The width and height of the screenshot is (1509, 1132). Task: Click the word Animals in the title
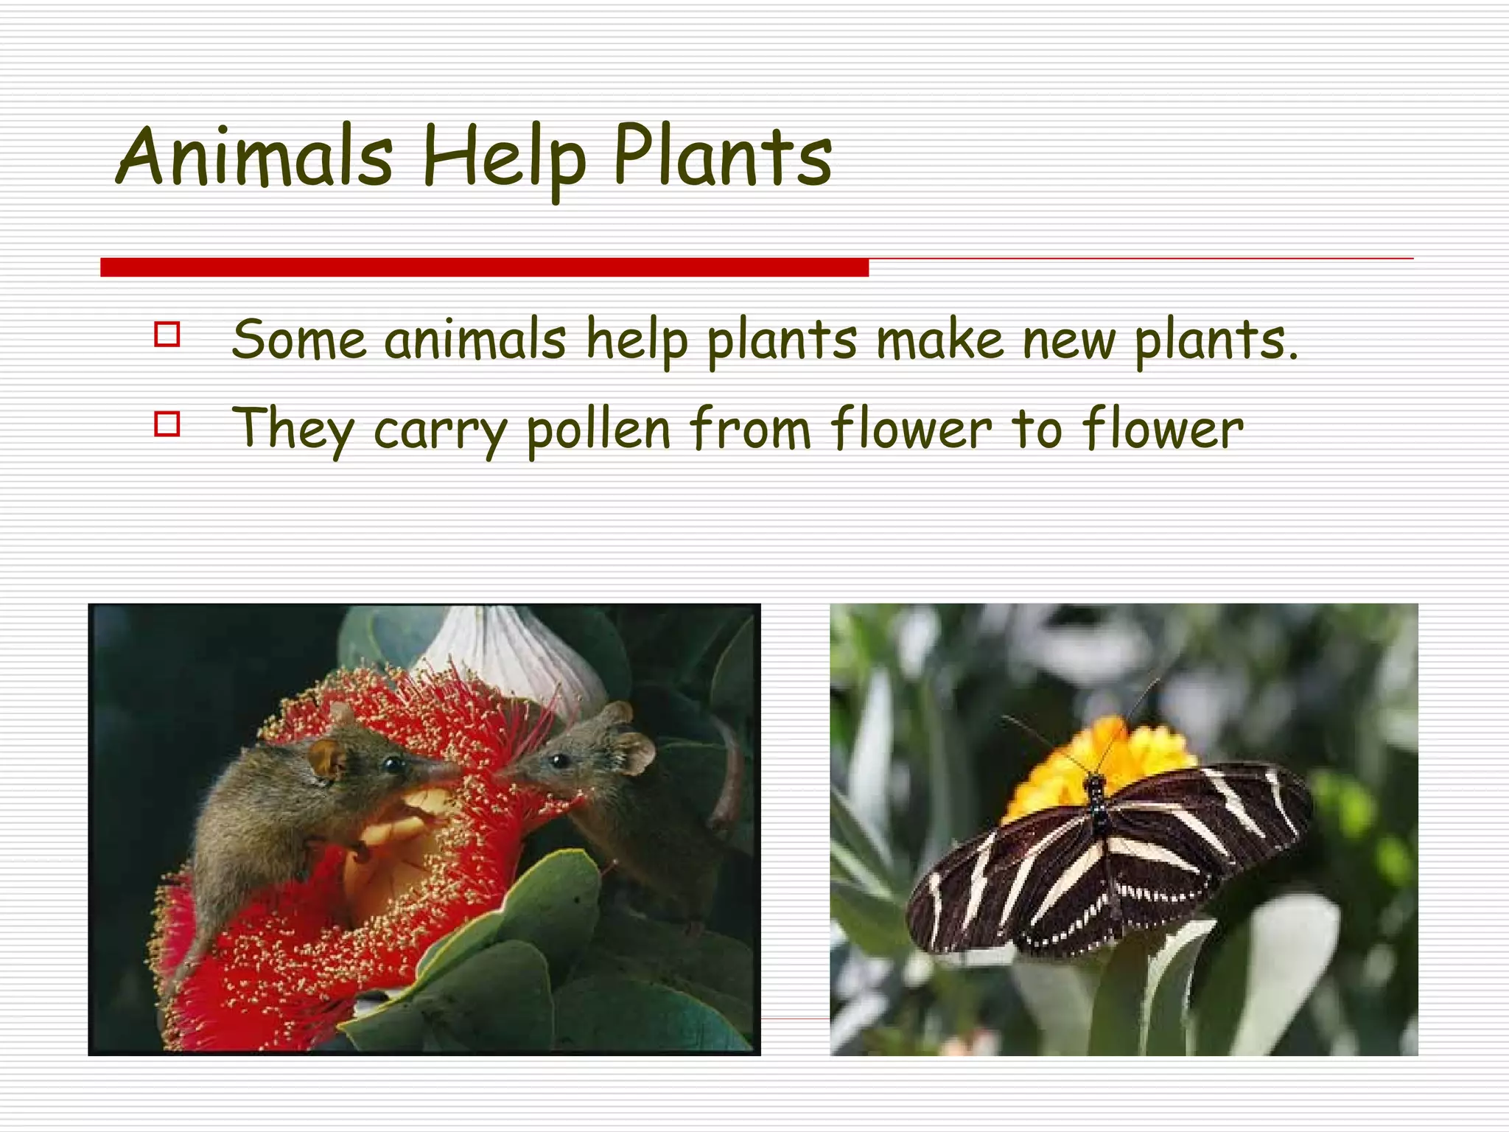pyautogui.click(x=254, y=157)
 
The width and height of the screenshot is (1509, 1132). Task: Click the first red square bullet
pyautogui.click(x=167, y=334)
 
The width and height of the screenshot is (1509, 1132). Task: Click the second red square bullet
pyautogui.click(x=167, y=424)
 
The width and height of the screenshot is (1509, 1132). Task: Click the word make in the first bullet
pyautogui.click(x=939, y=340)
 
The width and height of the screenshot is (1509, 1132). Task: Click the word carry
pyautogui.click(x=441, y=431)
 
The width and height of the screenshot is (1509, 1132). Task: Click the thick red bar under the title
pyautogui.click(x=484, y=268)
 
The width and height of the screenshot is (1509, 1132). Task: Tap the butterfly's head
pyautogui.click(x=1096, y=783)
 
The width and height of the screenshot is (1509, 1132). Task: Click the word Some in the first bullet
pyautogui.click(x=298, y=340)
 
